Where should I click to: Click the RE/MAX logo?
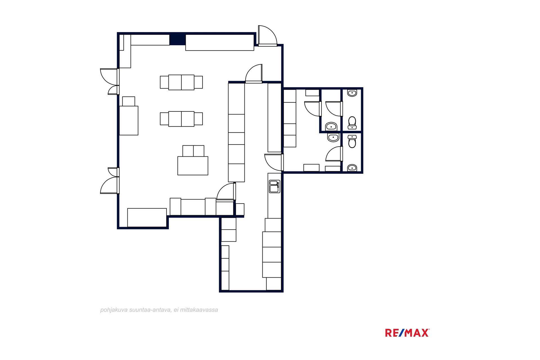click(407, 333)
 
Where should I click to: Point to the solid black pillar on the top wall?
click(177, 39)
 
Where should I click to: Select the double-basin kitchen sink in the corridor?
click(274, 186)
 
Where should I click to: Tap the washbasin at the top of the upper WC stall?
click(352, 93)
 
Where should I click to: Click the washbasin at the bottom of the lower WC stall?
click(352, 168)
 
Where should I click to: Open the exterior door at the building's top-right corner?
click(267, 35)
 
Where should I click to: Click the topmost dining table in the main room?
click(181, 82)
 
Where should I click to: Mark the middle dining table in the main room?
click(181, 119)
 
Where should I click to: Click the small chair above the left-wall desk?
click(129, 101)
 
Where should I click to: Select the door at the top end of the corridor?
click(254, 74)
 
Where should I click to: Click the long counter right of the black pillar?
click(220, 42)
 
